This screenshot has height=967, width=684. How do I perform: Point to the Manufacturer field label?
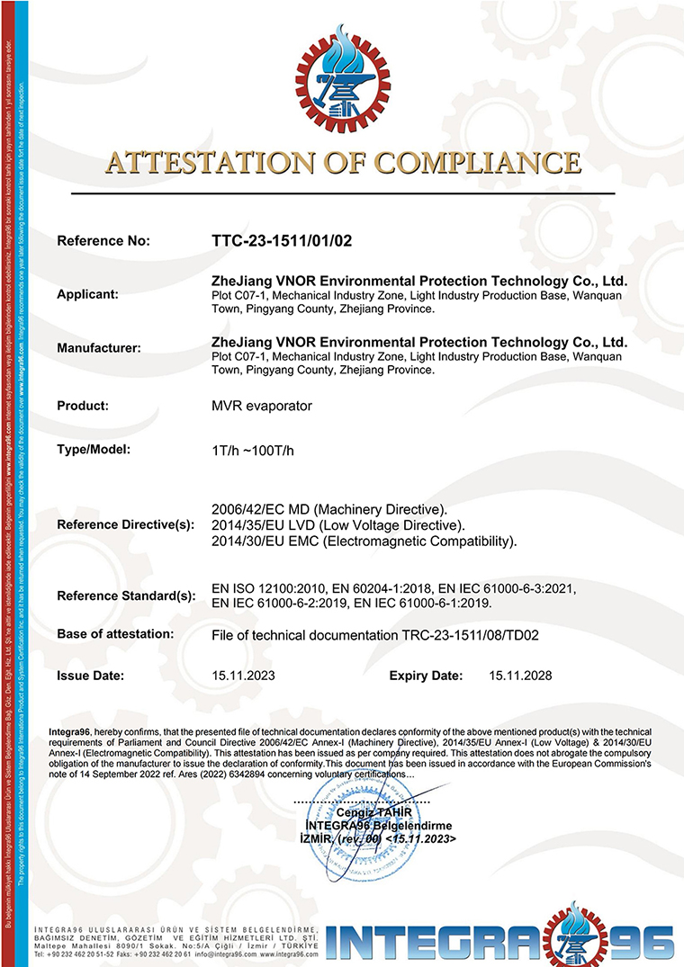(98, 348)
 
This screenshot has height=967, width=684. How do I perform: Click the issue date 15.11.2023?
(242, 675)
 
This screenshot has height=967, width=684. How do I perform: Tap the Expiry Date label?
(426, 675)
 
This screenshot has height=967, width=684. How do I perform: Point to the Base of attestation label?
(115, 633)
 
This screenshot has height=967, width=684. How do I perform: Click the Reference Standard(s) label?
(125, 595)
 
